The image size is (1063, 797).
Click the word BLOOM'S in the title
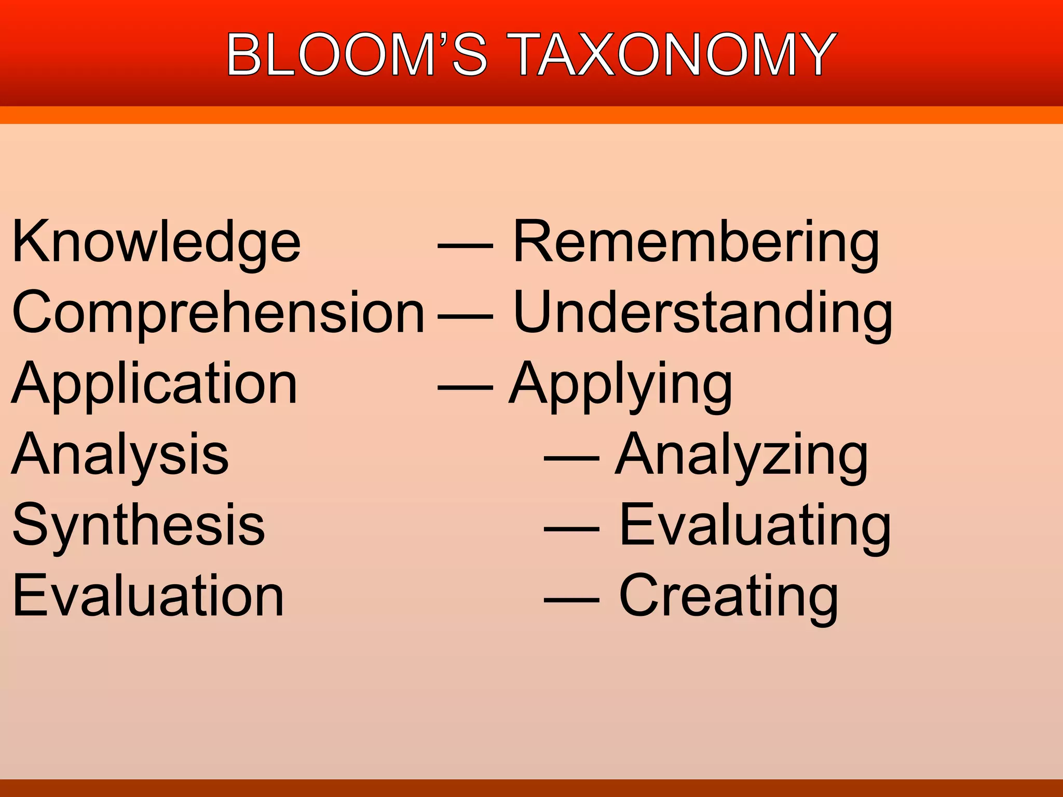coord(357,54)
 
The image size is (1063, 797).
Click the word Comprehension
coord(218,313)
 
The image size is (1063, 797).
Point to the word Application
coord(154,384)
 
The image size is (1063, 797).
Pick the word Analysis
coord(120,455)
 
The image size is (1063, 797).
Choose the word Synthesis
coord(139,526)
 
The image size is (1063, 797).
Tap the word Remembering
coord(696,242)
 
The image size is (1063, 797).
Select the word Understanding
coord(703,313)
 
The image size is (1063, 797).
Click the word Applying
coord(621,384)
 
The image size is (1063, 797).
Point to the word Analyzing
coord(741,455)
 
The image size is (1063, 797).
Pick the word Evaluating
coord(755,526)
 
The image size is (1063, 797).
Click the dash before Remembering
coord(466,246)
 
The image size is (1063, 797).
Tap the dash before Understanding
coord(466,317)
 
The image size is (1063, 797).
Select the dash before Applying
coord(466,388)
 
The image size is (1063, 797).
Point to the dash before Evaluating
coord(571,529)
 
